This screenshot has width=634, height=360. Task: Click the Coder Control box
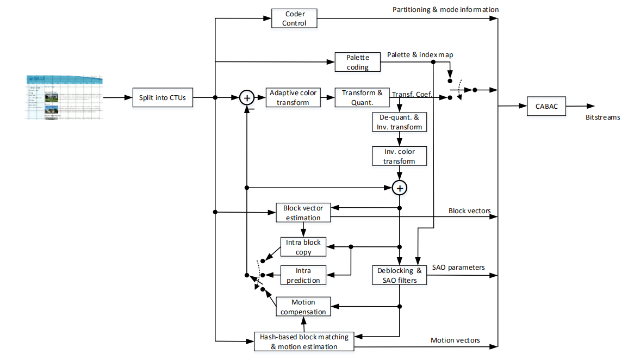[x=294, y=18]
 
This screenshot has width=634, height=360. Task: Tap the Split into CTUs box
[x=163, y=98]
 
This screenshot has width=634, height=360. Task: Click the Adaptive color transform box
[x=293, y=98]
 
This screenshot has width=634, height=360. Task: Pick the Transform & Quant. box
[x=362, y=98]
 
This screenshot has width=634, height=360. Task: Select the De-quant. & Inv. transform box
[x=399, y=122]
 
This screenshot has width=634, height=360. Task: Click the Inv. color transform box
[x=399, y=156]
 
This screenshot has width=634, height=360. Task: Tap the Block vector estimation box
[x=303, y=213]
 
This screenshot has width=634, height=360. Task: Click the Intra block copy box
[x=303, y=247]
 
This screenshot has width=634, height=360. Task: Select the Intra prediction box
[x=303, y=275]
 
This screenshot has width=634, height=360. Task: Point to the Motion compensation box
[x=303, y=307]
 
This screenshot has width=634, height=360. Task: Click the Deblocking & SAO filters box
[x=400, y=275]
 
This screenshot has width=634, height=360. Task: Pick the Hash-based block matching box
[x=304, y=342]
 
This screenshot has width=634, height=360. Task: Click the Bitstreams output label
[x=602, y=117]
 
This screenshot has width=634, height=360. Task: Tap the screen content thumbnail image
[x=64, y=98]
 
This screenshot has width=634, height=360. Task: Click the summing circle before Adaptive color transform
[x=247, y=98]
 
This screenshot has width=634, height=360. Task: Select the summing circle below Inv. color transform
[x=400, y=188]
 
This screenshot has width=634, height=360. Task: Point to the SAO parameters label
[x=458, y=267]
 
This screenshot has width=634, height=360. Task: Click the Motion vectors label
[x=455, y=340]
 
